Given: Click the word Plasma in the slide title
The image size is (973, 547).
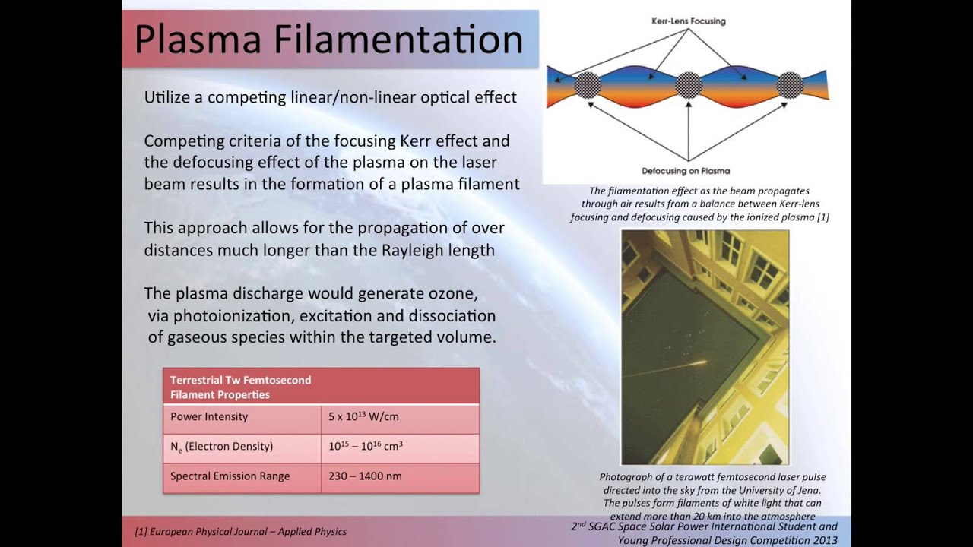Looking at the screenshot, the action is click(198, 39).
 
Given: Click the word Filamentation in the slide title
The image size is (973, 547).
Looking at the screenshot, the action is click(398, 39).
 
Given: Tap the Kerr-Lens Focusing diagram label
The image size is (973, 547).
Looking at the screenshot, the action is click(689, 21).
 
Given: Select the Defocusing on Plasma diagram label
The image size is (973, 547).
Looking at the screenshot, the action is click(686, 171).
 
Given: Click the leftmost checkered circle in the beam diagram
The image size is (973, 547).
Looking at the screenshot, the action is click(588, 85).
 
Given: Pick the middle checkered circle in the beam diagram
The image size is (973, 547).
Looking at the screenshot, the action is click(689, 85).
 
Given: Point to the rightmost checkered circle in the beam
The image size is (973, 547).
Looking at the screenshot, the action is click(790, 85).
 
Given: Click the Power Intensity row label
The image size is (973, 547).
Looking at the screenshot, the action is click(209, 417).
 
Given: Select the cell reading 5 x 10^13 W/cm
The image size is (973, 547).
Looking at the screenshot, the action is click(363, 416).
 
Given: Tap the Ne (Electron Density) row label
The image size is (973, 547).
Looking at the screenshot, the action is click(221, 447).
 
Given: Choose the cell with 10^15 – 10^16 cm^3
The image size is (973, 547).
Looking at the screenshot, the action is click(366, 446).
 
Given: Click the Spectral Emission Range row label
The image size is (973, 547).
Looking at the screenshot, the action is click(230, 476).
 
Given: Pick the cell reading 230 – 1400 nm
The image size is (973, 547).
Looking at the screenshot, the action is click(365, 476).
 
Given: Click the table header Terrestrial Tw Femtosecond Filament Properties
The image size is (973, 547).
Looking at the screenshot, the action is click(241, 387).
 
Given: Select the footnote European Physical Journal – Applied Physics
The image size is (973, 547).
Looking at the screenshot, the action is click(241, 532).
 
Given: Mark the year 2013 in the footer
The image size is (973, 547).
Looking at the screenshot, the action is click(822, 540).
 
